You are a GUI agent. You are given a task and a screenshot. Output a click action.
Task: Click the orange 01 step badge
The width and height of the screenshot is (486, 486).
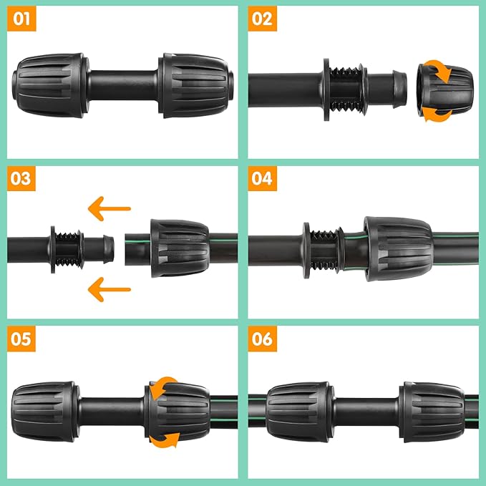click(x=21, y=19)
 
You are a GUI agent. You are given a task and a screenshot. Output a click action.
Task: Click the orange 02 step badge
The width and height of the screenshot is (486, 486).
click(x=263, y=19)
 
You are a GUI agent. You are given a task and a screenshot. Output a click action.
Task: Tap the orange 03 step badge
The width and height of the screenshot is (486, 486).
click(x=21, y=178)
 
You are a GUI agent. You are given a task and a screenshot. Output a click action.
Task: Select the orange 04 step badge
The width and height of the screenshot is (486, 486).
click(x=263, y=178)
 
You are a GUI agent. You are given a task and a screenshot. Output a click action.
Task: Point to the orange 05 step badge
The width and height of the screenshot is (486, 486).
click(x=21, y=339)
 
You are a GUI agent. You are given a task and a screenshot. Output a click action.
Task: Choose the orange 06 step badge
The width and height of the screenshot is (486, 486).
click(x=263, y=339)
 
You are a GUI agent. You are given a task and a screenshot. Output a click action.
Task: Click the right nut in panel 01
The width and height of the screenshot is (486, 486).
click(x=195, y=84)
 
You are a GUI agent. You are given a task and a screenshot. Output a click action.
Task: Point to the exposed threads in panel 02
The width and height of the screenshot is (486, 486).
click(x=351, y=92)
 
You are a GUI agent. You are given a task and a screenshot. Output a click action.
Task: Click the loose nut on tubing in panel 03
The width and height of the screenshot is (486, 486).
click(x=179, y=248)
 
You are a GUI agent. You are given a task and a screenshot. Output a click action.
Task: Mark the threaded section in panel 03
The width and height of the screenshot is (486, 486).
click(x=69, y=248)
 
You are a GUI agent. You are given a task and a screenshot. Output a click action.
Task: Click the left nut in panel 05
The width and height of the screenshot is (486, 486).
click(x=44, y=411)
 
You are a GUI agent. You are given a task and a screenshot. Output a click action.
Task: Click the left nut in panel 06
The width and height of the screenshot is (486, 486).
click(x=298, y=411)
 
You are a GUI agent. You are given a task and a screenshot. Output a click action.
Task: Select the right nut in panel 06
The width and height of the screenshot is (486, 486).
click(x=433, y=411)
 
